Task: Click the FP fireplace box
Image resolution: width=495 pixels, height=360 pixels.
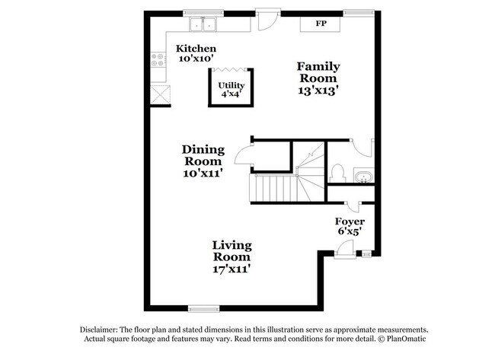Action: [322, 24]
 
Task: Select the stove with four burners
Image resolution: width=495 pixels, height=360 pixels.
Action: [159, 59]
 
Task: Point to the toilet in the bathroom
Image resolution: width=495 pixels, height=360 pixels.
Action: [337, 173]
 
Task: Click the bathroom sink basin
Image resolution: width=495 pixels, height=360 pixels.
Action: [364, 178]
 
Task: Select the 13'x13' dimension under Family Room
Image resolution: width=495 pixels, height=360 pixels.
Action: [318, 89]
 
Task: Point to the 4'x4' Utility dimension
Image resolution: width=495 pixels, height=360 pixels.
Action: [231, 94]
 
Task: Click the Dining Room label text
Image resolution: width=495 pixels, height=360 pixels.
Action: [203, 155]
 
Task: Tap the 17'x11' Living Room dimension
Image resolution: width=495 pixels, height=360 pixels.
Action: [232, 269]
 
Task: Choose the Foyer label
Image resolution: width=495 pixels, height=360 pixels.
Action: [350, 221]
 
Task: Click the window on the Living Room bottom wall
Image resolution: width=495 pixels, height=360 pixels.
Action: [203, 308]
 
